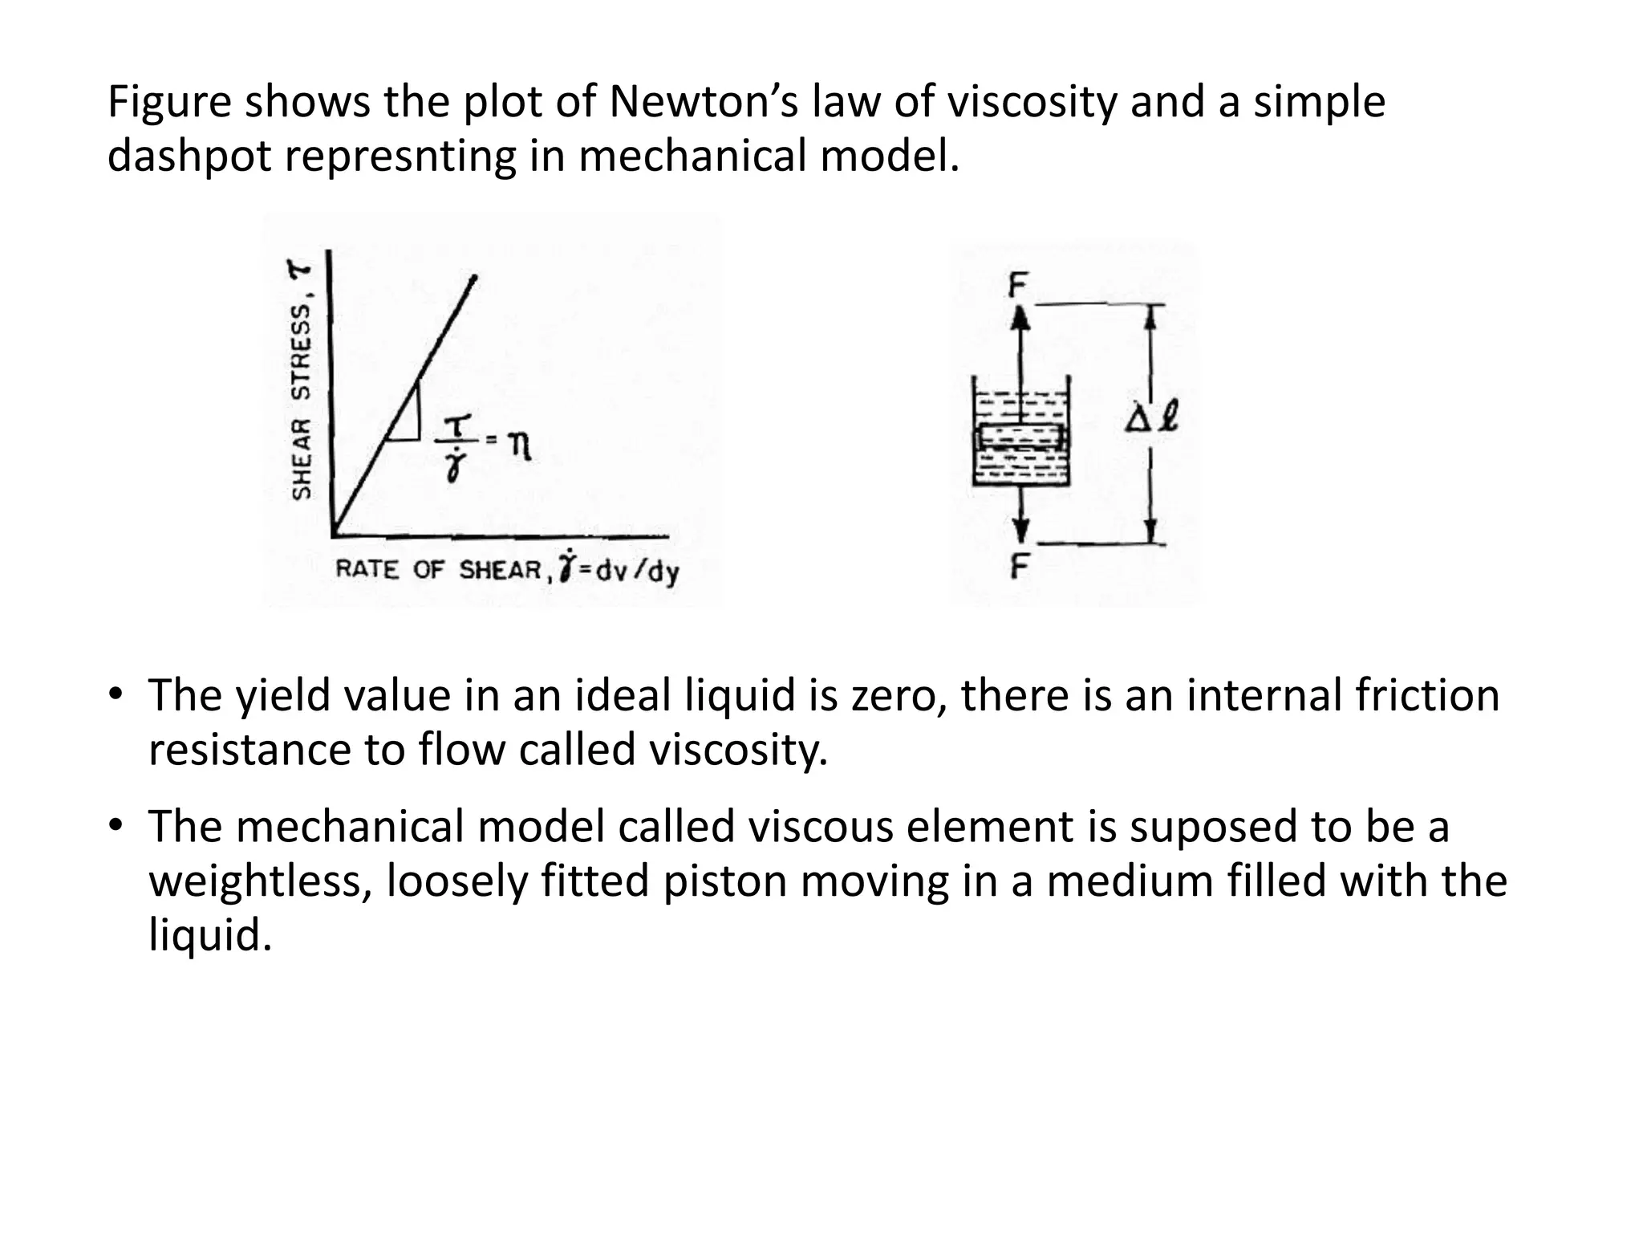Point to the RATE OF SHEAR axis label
[x=438, y=570]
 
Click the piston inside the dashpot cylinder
[x=1020, y=437]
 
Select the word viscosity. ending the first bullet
[x=737, y=750]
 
